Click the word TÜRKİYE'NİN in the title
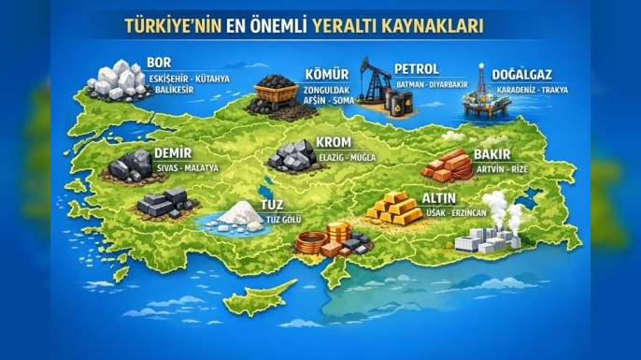[169, 25]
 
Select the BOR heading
[159, 63]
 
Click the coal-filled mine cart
[271, 94]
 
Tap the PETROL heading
[417, 69]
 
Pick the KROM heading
[334, 142]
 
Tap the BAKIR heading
[492, 154]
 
